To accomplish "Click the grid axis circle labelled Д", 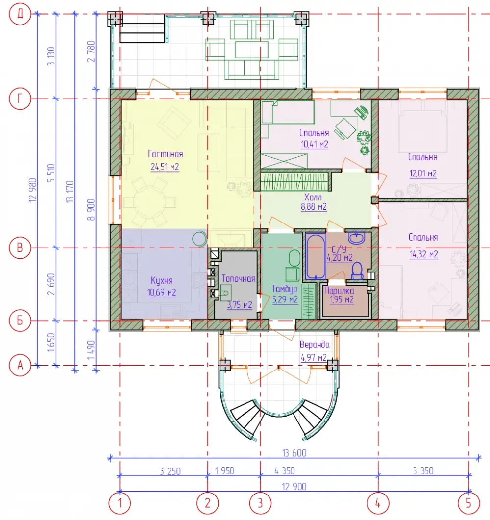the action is (20, 14).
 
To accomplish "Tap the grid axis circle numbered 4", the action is (378, 503).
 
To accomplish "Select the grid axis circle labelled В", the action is (20, 248).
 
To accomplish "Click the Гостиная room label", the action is (166, 154).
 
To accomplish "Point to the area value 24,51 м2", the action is (165, 167).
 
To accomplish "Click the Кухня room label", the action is (162, 280).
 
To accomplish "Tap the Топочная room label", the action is (238, 278).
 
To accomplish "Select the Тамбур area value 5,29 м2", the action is (285, 300).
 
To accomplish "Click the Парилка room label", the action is (339, 291).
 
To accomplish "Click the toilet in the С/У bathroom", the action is (357, 271).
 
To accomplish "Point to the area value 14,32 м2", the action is (424, 254).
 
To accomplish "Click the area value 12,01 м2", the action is (423, 173).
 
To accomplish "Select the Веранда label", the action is (315, 345).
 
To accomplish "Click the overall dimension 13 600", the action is (294, 453).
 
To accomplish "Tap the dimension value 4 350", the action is (285, 470).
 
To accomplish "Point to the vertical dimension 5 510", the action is (51, 173).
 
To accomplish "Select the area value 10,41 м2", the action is (314, 144).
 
